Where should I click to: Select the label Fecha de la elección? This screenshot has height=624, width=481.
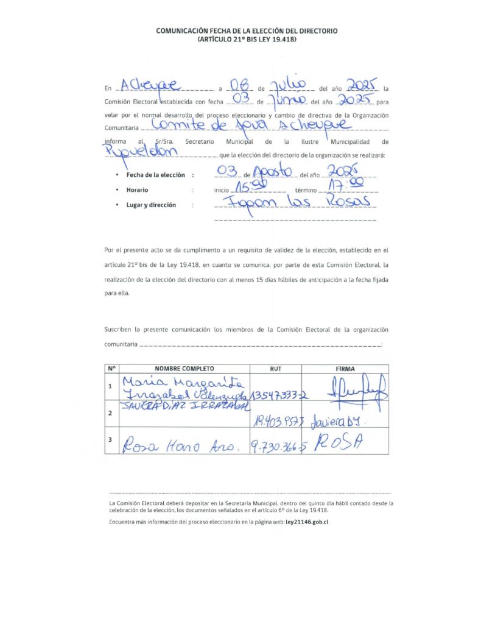(155, 175)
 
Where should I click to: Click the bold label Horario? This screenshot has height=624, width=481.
(137, 190)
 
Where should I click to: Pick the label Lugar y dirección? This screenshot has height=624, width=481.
(151, 205)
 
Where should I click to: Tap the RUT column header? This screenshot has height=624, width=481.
(275, 369)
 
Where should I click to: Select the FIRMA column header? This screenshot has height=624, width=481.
(345, 369)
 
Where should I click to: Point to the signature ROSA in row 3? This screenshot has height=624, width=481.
(339, 441)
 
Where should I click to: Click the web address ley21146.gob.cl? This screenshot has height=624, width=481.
(307, 522)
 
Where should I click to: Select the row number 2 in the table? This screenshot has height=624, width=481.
(111, 413)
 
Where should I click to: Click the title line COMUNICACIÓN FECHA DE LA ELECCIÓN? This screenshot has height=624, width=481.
(247, 30)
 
